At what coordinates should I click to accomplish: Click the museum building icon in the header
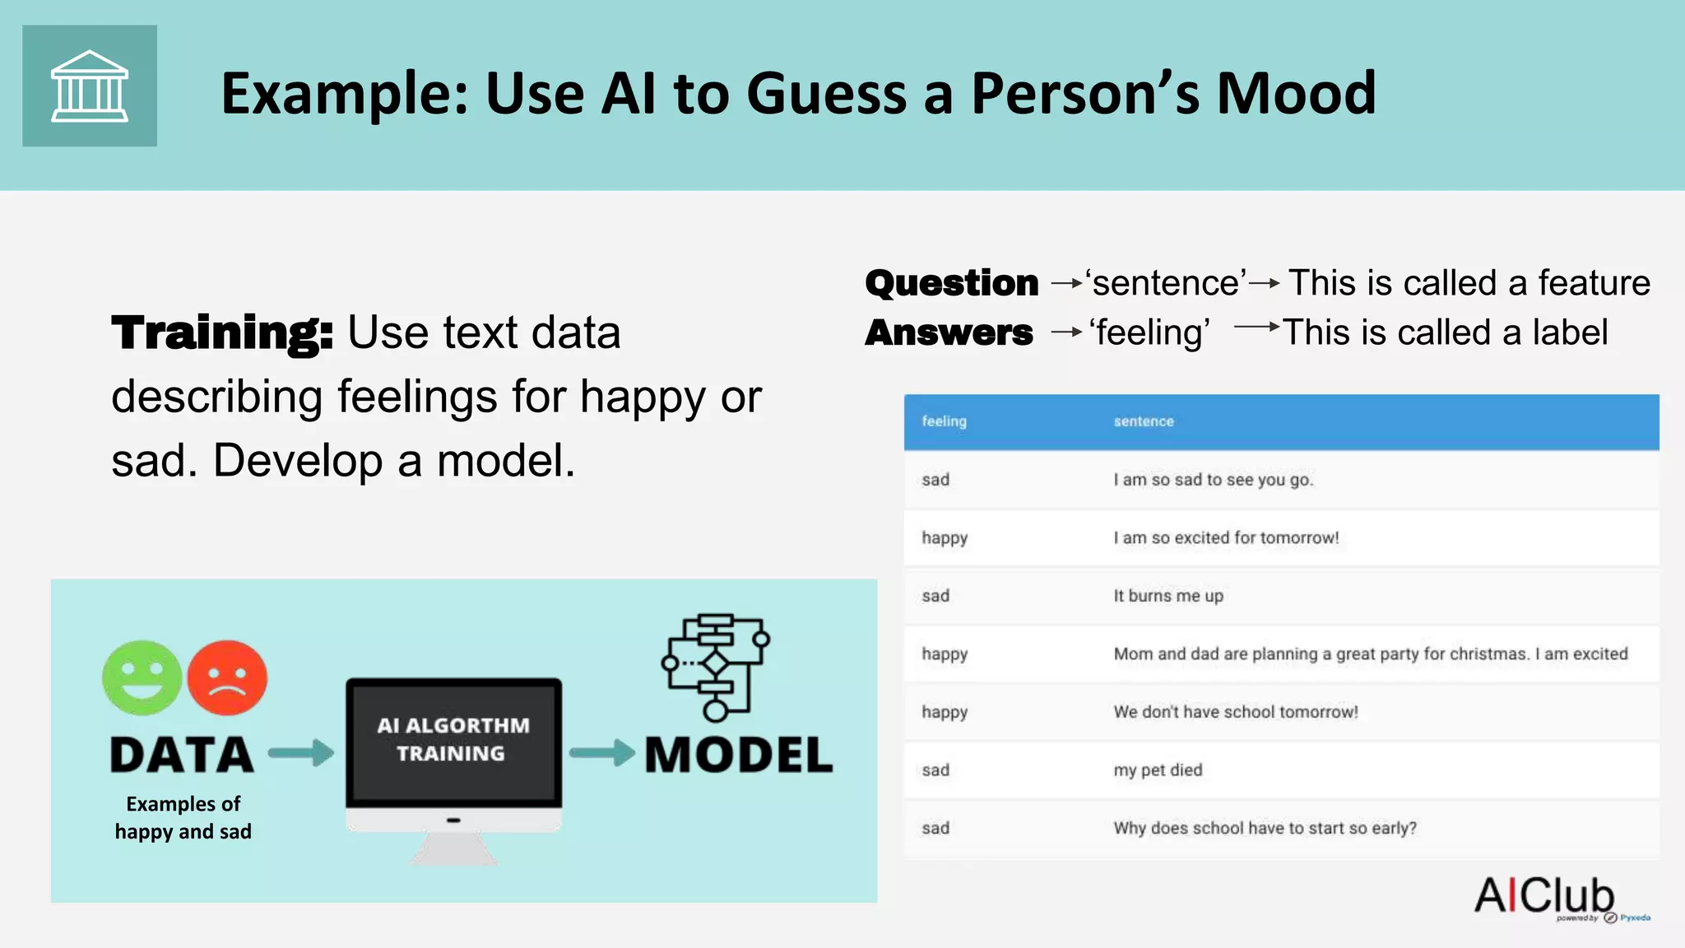click(x=90, y=86)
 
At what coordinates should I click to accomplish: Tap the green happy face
click(x=142, y=678)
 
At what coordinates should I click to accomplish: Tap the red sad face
click(x=227, y=678)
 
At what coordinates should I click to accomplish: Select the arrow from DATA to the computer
click(x=301, y=752)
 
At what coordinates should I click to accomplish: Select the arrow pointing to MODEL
click(x=601, y=752)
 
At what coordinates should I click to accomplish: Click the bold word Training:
click(x=222, y=332)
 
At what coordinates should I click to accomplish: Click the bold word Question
click(x=952, y=283)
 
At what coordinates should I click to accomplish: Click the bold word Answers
click(x=949, y=332)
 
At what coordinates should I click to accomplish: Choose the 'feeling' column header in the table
click(x=944, y=421)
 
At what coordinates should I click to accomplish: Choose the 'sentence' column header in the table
click(x=1144, y=421)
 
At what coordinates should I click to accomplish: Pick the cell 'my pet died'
click(x=1158, y=770)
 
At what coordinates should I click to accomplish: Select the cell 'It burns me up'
click(x=1168, y=596)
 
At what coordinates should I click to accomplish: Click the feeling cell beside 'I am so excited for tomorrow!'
click(x=945, y=538)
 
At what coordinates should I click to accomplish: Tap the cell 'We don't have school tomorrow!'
click(x=1235, y=712)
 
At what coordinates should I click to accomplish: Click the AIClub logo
click(x=1545, y=896)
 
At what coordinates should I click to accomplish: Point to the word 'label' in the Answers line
click(x=1569, y=332)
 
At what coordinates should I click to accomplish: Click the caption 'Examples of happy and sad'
click(x=183, y=817)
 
